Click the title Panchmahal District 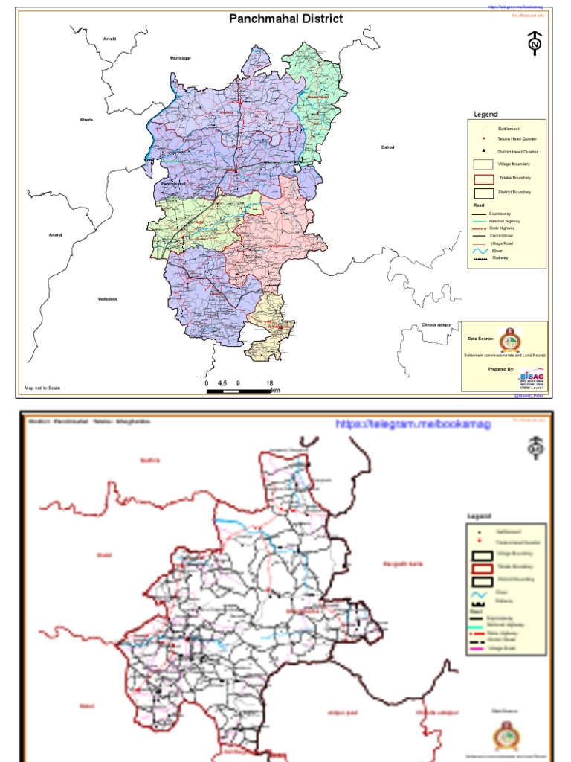(286, 19)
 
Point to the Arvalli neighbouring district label (111, 38)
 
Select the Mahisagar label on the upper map (181, 57)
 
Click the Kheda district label (86, 120)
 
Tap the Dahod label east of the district (387, 147)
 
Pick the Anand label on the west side (56, 235)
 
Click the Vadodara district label (107, 299)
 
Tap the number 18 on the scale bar (269, 382)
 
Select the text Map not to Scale (42, 388)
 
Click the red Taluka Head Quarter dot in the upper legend (483, 139)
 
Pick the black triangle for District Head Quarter (483, 151)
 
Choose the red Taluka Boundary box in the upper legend (484, 179)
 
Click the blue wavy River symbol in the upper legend (483, 252)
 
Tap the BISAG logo (532, 378)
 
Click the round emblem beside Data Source (510, 339)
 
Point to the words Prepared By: (501, 369)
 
